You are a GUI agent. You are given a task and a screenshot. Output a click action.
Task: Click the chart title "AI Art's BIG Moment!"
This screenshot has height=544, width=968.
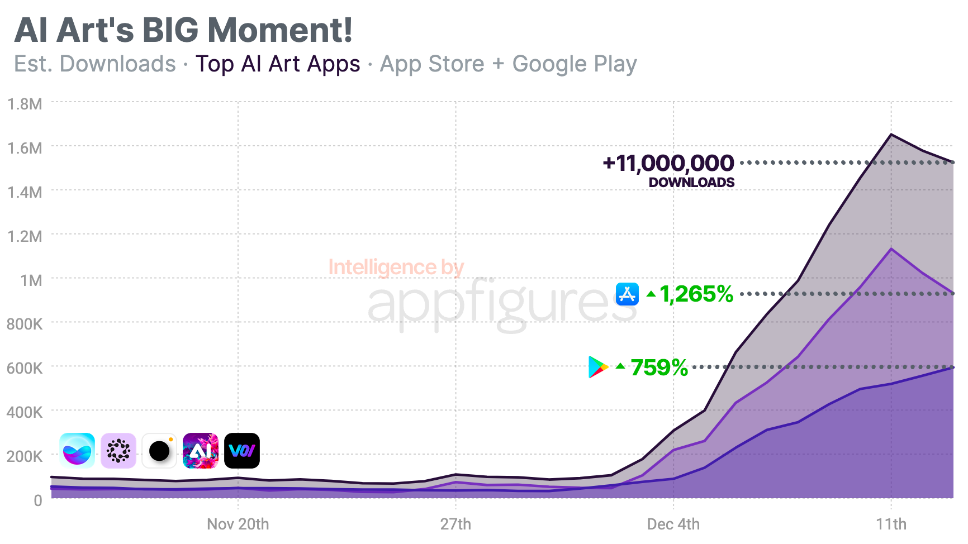[x=183, y=30]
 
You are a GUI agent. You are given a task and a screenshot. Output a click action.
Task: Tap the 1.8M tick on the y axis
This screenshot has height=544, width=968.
[x=25, y=104]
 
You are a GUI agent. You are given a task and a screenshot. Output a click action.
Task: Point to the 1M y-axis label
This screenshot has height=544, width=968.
[x=31, y=280]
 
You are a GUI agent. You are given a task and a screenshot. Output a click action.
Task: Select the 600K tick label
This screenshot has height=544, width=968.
[x=25, y=368]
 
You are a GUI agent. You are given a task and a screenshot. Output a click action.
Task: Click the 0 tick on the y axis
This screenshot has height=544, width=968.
[x=37, y=500]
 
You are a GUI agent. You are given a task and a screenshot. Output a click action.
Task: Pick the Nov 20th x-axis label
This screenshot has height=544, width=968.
[x=238, y=524]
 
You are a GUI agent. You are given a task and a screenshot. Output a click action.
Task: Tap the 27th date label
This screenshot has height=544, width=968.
[x=455, y=524]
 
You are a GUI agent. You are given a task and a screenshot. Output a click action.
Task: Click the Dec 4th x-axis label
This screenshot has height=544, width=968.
[x=673, y=524]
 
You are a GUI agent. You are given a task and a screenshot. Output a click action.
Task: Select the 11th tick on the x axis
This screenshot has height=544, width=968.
[x=891, y=524]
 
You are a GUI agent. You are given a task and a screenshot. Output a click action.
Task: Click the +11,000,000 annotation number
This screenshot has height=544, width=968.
[x=668, y=164]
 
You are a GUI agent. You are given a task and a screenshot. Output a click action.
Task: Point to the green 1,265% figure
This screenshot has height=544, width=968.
[x=696, y=294]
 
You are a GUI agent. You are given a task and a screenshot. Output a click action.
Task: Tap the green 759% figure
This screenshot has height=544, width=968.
[x=659, y=368]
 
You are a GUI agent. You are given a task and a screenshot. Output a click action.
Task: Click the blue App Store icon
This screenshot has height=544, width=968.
[x=627, y=294]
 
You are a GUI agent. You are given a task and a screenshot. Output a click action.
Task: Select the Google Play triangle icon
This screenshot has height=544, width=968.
[x=597, y=367]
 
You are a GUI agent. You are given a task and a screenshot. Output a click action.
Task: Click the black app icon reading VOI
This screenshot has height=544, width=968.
[x=242, y=451]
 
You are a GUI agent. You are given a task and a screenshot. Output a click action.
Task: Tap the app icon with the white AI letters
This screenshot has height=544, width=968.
[x=201, y=451]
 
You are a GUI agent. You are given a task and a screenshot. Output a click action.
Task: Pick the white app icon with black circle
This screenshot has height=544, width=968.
[x=159, y=451]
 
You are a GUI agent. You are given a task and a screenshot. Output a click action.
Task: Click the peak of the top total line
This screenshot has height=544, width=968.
[x=891, y=135]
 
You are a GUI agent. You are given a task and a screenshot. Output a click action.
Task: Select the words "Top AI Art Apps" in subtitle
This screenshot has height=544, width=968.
[x=278, y=64]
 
